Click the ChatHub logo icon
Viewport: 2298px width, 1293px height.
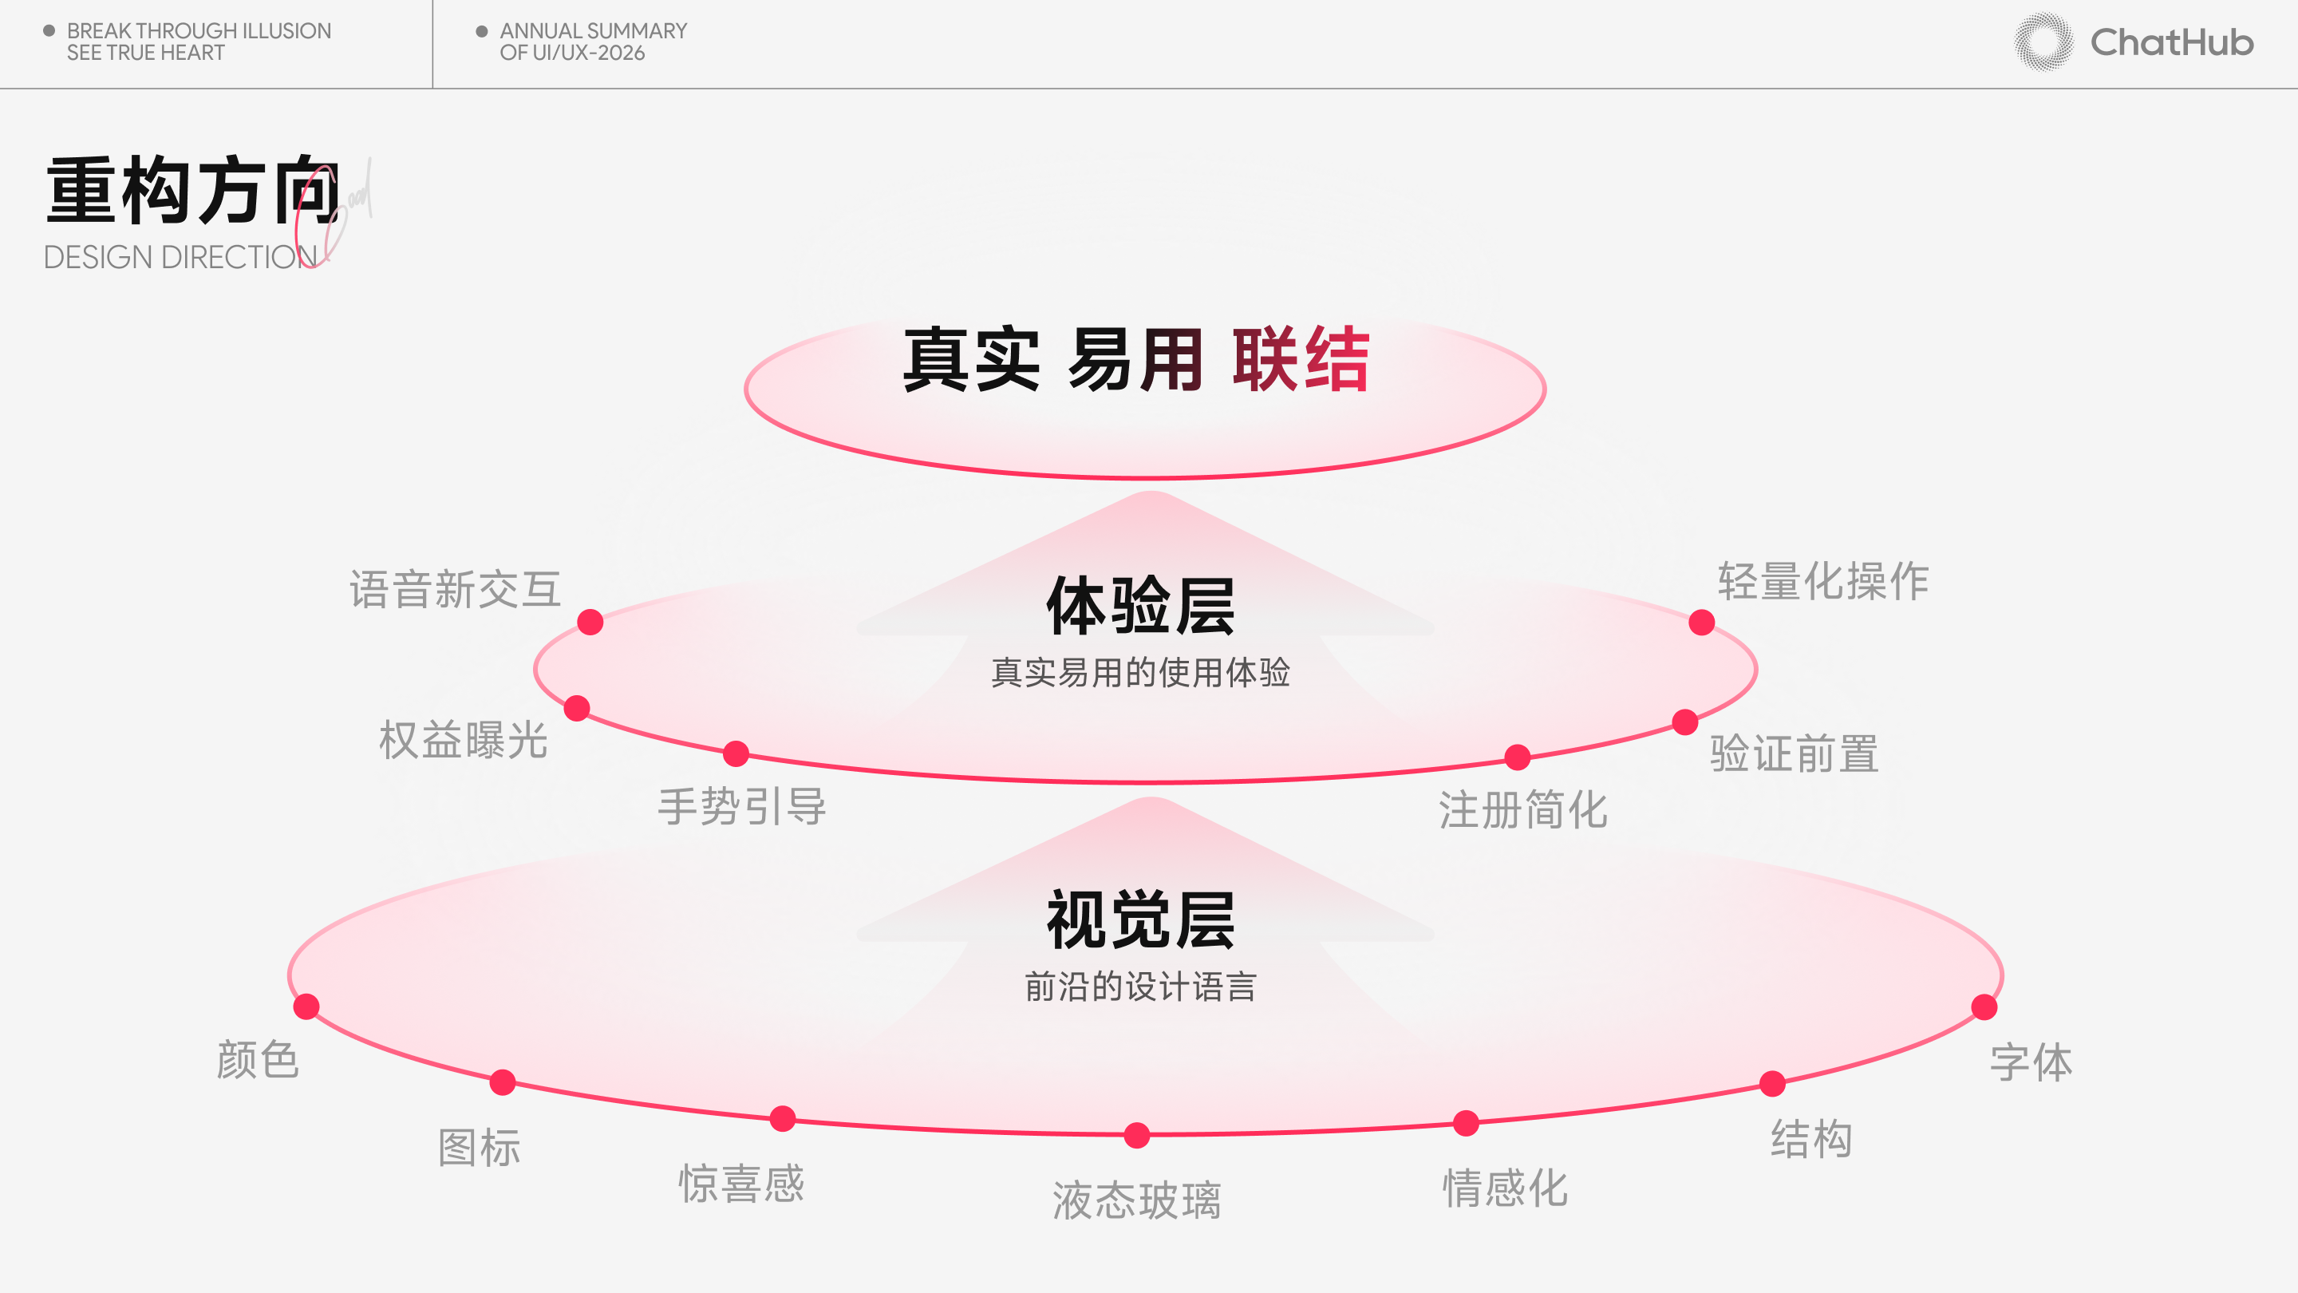(2043, 42)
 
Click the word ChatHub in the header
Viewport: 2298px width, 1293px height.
(2172, 43)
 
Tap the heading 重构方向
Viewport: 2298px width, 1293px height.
(192, 190)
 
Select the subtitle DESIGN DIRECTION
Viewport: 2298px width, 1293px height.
(180, 257)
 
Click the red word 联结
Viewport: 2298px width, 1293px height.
(1301, 360)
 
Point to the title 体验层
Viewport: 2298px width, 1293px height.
(1141, 606)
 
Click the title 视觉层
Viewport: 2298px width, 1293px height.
(1141, 920)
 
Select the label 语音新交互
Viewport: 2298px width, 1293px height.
(455, 590)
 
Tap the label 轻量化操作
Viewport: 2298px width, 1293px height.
(1823, 582)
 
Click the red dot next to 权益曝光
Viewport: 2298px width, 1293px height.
(577, 709)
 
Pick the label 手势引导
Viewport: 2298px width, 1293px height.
(742, 808)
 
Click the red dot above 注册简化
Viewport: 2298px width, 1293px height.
(1518, 757)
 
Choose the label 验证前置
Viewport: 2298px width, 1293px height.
(1795, 754)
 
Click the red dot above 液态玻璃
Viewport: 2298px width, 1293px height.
(1136, 1135)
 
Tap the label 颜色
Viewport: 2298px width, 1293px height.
(258, 1060)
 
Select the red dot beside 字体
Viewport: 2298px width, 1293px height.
(1984, 1007)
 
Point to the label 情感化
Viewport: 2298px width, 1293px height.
(1506, 1188)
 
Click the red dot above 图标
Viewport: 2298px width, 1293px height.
(503, 1082)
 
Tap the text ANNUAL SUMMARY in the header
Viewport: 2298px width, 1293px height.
(593, 31)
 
